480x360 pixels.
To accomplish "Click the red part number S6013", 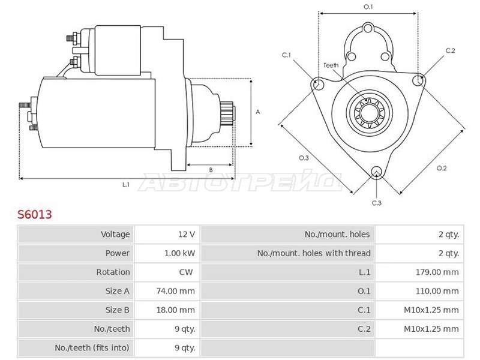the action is point(35,214).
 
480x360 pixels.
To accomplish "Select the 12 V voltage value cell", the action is point(187,235).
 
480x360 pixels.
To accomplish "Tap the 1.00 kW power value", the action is point(179,253).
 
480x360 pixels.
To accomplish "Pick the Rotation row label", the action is point(113,272).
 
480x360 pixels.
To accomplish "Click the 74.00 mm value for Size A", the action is point(175,291).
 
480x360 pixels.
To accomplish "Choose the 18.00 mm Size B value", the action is point(175,310).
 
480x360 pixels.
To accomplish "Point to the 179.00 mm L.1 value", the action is point(437,272).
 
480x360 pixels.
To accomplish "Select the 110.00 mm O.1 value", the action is point(437,291).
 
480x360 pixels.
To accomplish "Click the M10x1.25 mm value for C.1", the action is point(431,310).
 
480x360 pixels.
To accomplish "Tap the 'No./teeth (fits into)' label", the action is point(92,348).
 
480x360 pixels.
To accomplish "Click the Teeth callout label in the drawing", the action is point(331,65).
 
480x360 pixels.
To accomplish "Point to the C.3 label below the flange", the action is point(377,203).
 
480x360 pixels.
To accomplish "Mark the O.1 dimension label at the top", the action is point(368,7).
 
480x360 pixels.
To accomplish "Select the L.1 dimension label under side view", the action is point(126,185).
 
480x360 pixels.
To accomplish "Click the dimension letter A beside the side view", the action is point(258,112).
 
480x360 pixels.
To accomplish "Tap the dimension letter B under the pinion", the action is point(211,170).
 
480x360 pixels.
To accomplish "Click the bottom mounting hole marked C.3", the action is point(376,172).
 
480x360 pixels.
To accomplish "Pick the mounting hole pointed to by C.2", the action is point(418,80).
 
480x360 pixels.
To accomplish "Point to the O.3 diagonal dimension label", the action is point(304,158).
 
